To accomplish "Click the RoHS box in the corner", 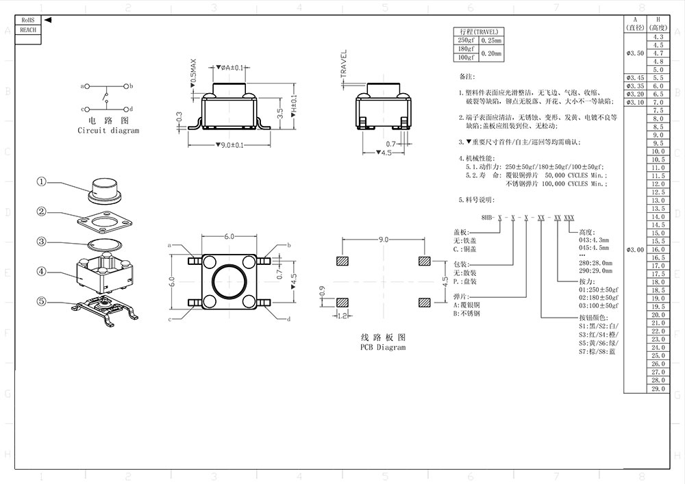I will (x=28, y=22).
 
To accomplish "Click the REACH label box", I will (x=28, y=30).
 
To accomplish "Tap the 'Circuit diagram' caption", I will (x=108, y=131).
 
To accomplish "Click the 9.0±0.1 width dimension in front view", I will (x=229, y=144).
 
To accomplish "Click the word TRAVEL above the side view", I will (x=344, y=63).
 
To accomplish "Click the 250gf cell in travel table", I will (x=466, y=40).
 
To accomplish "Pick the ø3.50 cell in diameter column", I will (x=635, y=53).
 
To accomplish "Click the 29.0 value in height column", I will (x=658, y=389).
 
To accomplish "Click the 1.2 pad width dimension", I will (x=343, y=316).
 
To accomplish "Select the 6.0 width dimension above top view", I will (x=229, y=236).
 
